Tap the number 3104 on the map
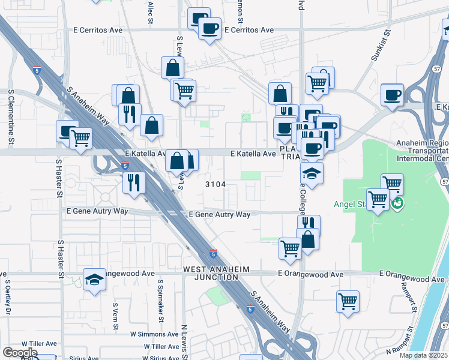[x=215, y=184]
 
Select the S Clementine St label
[x=11, y=118]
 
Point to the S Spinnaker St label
[x=160, y=298]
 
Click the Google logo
[x=20, y=352]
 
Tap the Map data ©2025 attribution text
[x=424, y=355]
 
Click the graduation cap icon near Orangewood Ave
[x=94, y=280]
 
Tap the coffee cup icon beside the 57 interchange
[x=392, y=95]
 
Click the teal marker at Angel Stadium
[x=397, y=203]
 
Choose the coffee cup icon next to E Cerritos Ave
[x=209, y=28]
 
